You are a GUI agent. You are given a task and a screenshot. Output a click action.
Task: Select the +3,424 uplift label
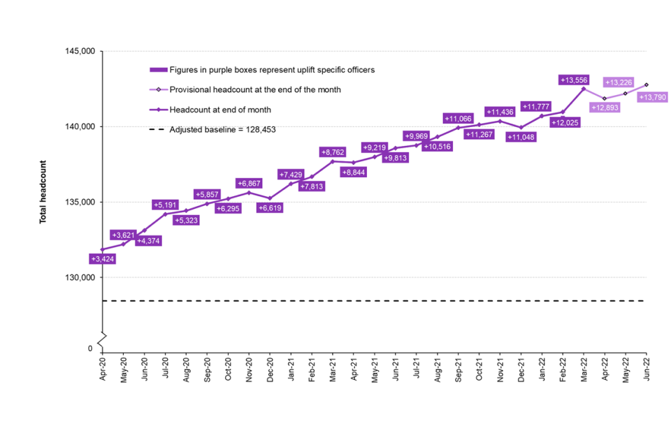(x=103, y=259)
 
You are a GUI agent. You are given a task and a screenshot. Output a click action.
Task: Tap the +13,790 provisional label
(x=654, y=97)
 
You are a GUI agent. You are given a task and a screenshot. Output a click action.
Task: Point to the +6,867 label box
(x=249, y=183)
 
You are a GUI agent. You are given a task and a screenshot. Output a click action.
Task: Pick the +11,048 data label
(x=521, y=138)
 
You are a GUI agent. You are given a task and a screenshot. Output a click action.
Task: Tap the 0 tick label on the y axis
(x=90, y=348)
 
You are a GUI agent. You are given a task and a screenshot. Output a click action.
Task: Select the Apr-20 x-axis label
(x=103, y=368)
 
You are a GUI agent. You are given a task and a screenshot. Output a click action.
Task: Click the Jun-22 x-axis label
(x=646, y=368)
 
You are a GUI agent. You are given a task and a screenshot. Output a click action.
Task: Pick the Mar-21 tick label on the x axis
(x=333, y=368)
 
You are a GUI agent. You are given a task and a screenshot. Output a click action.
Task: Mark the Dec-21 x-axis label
(x=521, y=368)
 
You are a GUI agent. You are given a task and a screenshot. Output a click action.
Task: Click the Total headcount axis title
(x=43, y=192)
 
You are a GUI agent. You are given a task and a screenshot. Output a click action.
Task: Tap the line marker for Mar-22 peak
(x=584, y=89)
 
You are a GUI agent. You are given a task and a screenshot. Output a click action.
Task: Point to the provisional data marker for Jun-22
(x=646, y=85)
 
